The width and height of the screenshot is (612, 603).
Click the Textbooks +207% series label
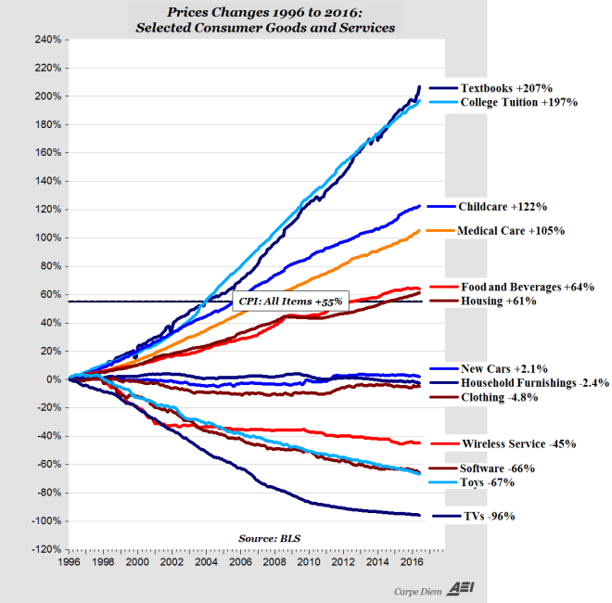(507, 88)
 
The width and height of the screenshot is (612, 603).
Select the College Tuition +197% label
(519, 102)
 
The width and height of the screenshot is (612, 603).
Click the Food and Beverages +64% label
(527, 288)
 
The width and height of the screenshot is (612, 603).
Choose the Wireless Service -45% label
(517, 443)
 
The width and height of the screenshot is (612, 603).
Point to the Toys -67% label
(487, 482)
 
